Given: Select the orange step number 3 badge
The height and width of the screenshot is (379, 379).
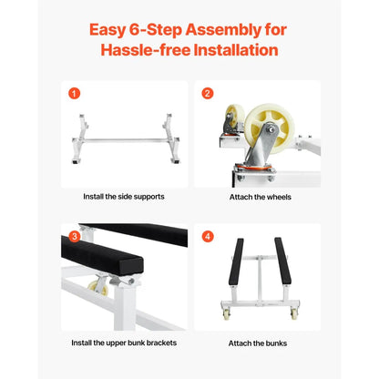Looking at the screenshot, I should point(75,237).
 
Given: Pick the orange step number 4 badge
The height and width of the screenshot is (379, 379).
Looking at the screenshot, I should point(208,237).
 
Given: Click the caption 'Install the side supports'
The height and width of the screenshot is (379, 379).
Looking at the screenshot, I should point(123,195).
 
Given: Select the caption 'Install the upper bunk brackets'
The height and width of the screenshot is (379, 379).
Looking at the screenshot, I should point(123,343).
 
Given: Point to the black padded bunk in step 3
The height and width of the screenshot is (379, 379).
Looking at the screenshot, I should point(100,255).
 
